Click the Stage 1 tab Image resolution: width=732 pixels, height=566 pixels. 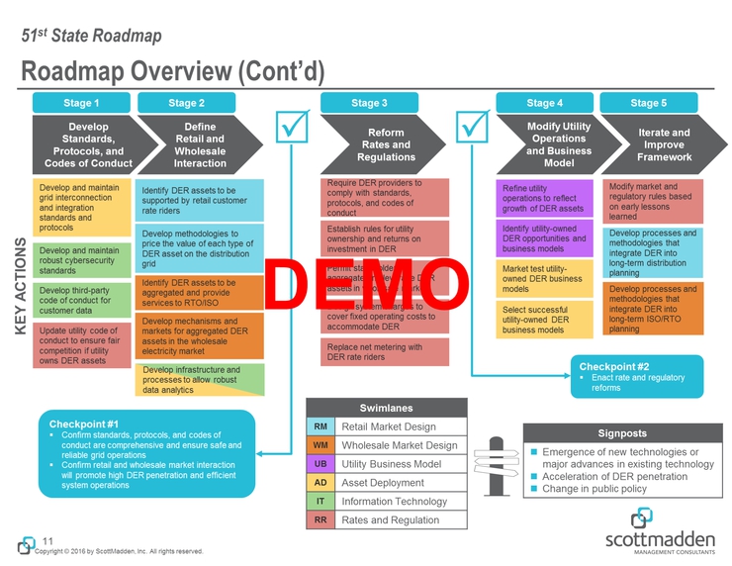[82, 102]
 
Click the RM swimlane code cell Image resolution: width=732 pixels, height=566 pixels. [320, 426]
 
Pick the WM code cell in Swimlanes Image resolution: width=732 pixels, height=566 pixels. [320, 445]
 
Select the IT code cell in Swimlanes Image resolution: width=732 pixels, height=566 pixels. [320, 501]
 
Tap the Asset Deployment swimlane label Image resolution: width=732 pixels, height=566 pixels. [383, 482]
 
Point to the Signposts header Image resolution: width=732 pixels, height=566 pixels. [622, 432]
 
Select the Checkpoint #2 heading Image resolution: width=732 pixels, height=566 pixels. [614, 366]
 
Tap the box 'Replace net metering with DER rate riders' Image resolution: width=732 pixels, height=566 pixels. [386, 352]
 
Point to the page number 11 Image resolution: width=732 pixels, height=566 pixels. [46, 539]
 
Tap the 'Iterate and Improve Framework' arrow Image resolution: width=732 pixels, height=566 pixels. [661, 144]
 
